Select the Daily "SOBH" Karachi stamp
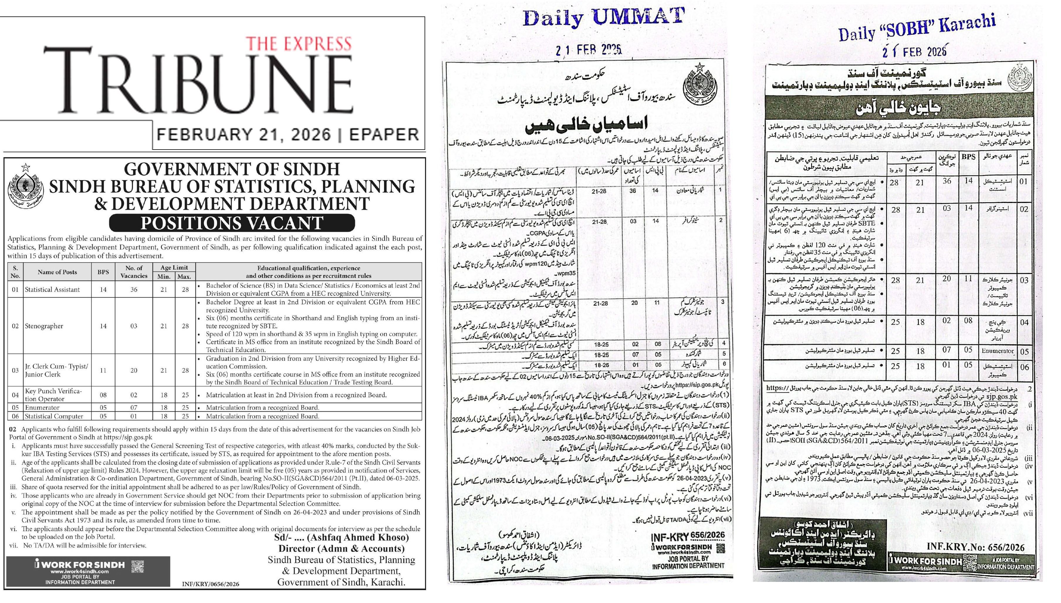coord(917,28)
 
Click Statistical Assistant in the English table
coord(52,289)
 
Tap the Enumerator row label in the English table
coord(42,407)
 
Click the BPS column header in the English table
coord(103,272)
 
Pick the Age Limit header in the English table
coord(174,267)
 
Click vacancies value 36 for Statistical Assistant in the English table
coord(134,289)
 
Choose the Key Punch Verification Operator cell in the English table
coord(53,395)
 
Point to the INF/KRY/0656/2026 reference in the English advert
coord(210,584)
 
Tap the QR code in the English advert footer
coord(138,566)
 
